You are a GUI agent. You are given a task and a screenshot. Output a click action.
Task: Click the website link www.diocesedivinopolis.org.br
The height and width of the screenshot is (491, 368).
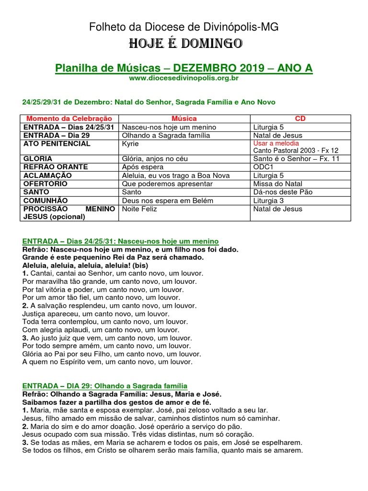pos(184,78)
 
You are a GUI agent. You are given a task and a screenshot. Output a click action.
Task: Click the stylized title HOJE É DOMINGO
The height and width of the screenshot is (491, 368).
pos(184,44)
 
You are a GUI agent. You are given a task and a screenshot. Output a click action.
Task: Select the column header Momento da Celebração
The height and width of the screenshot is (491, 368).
pos(69,118)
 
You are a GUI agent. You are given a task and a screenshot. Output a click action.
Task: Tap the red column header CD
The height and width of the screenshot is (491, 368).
pos(300,118)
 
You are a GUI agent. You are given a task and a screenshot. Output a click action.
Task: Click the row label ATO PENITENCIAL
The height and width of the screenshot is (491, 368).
pos(57,143)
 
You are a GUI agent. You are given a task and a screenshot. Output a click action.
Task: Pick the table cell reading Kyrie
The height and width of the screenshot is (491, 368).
pos(130,143)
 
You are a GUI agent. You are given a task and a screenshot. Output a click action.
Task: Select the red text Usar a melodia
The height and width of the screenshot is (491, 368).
pos(276,143)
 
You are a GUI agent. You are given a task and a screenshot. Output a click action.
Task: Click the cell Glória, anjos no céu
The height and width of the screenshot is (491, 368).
pos(155,159)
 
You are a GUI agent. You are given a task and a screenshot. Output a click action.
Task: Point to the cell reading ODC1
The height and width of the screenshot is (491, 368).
pos(264,167)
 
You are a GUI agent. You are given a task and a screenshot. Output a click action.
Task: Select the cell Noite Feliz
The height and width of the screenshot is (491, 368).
pos(139,209)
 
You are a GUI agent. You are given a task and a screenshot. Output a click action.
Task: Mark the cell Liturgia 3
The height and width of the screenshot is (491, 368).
pos(268,200)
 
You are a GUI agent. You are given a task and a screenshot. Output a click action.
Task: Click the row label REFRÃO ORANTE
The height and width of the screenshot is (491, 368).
pos(55,167)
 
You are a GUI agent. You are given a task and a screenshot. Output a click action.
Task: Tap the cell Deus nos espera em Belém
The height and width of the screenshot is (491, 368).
pos(167,200)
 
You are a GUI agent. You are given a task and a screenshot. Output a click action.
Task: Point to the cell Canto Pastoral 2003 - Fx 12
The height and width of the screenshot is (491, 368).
pos(296,151)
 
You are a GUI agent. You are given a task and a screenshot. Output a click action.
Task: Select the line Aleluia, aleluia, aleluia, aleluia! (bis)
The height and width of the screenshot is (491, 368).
pos(85,265)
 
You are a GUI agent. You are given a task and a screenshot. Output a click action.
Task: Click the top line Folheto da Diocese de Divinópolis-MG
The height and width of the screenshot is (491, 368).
pos(184,27)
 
